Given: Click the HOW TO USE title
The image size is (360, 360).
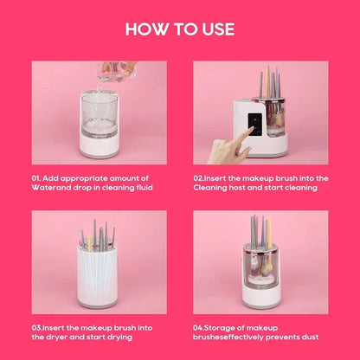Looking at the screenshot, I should click(x=180, y=29).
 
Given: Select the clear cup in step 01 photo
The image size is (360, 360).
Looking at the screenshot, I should click(x=98, y=111).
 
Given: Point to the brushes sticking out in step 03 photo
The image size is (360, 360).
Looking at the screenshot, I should click(x=97, y=237).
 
